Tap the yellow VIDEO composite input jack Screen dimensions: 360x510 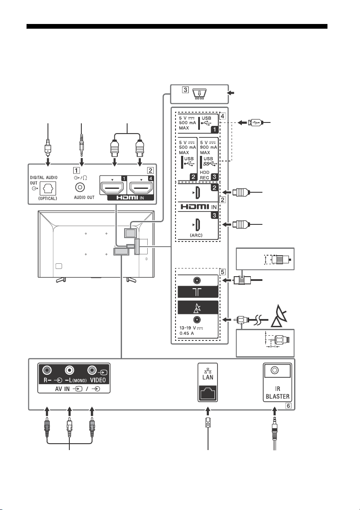(92, 370)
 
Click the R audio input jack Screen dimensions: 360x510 (48, 370)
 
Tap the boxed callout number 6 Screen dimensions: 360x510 (288, 406)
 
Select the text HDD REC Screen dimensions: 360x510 (205, 175)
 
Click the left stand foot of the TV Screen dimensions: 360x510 (60, 279)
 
